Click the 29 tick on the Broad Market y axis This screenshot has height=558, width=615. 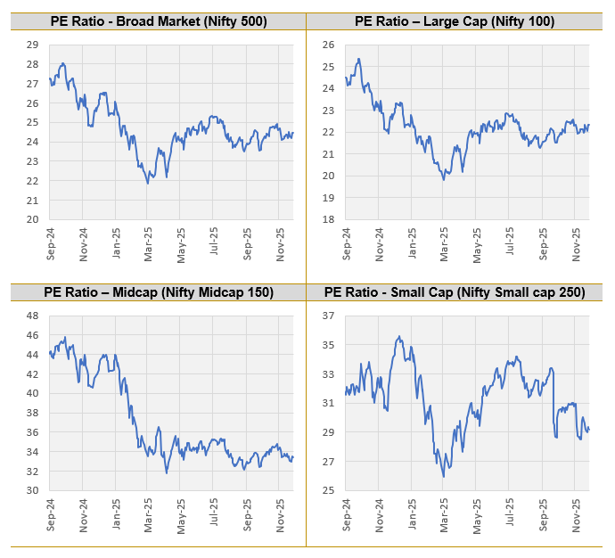(32, 45)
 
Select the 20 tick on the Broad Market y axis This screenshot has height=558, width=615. (32, 219)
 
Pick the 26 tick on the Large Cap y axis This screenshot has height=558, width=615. (327, 45)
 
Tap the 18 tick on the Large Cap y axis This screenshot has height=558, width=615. (327, 219)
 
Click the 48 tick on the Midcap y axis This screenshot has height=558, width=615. (32, 316)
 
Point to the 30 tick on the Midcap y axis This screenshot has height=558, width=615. (32, 490)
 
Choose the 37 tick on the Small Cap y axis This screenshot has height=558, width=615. (327, 316)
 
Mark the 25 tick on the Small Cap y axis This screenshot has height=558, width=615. (327, 490)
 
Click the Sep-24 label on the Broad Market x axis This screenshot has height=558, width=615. (50, 242)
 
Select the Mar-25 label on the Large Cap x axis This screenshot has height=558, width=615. (444, 242)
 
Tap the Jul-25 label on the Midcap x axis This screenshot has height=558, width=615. (215, 514)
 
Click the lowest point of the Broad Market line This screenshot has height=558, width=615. (148, 183)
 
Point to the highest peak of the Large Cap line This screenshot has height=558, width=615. (358, 59)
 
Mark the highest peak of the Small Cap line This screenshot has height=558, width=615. (399, 336)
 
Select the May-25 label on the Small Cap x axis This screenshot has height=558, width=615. (477, 514)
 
